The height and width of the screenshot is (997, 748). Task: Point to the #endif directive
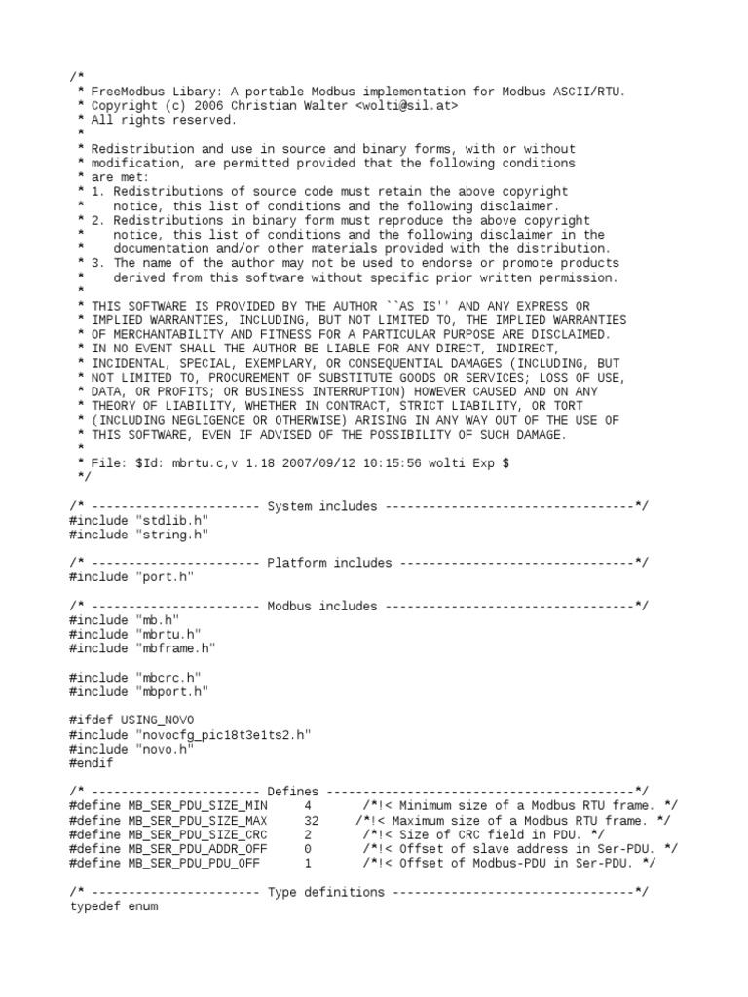[92, 762]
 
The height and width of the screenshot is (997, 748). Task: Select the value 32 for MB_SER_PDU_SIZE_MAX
[311, 820]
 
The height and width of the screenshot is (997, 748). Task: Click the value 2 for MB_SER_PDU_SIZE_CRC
[308, 834]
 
